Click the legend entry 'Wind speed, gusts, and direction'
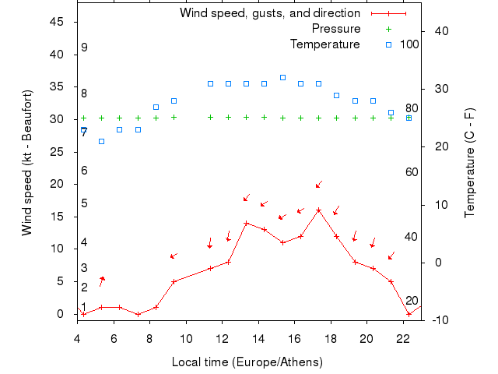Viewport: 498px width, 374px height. [269, 13]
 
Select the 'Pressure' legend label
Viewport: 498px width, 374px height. [335, 29]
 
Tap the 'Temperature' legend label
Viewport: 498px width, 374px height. [324, 44]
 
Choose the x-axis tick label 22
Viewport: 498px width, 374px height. [403, 338]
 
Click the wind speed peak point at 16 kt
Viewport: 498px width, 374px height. [318, 210]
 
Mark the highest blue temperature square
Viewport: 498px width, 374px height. [282, 78]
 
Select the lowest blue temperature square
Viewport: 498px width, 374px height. [101, 142]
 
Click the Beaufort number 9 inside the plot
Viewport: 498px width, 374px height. [84, 48]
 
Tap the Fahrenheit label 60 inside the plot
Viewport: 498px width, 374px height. [412, 172]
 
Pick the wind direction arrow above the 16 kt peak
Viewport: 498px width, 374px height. [318, 185]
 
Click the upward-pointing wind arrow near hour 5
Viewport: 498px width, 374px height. [101, 280]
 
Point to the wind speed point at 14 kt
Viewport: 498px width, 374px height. [246, 223]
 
